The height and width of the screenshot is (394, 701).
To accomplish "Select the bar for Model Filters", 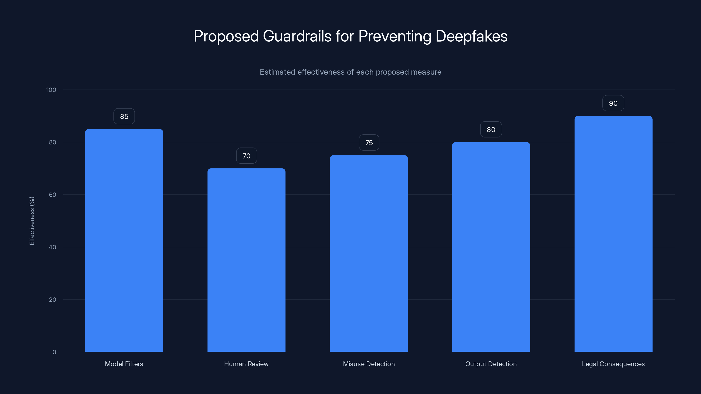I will coord(124,240).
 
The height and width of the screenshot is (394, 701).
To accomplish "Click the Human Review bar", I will coord(246,260).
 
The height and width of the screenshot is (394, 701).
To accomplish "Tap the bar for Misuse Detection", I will coord(369,253).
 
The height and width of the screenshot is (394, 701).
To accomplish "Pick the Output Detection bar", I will coord(491,247).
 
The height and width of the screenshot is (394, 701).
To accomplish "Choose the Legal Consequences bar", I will coord(613,234).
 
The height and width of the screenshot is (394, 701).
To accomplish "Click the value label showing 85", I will coord(124,116).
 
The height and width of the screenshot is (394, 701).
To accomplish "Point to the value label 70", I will coord(246,156).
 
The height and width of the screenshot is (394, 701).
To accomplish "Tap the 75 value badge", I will coord(369,143).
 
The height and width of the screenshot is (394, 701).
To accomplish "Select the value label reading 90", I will coord(613,103).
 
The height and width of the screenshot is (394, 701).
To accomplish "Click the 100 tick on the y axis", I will coord(51,90).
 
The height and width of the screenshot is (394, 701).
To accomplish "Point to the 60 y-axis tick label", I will coord(53,195).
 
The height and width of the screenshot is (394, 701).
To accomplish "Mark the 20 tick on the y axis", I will coord(53,300).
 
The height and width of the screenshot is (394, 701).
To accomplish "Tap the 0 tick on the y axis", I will coord(54,352).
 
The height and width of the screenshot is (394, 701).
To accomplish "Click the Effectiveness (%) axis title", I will coord(32,221).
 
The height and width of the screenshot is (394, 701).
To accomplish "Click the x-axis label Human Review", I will coord(246,364).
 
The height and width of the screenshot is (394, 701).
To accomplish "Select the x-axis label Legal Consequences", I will coord(613,364).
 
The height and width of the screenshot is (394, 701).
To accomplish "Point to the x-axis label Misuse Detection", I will coord(369,364).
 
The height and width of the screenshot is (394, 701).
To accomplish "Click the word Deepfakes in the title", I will coord(471,36).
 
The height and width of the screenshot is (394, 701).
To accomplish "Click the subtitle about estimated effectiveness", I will coord(350,72).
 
